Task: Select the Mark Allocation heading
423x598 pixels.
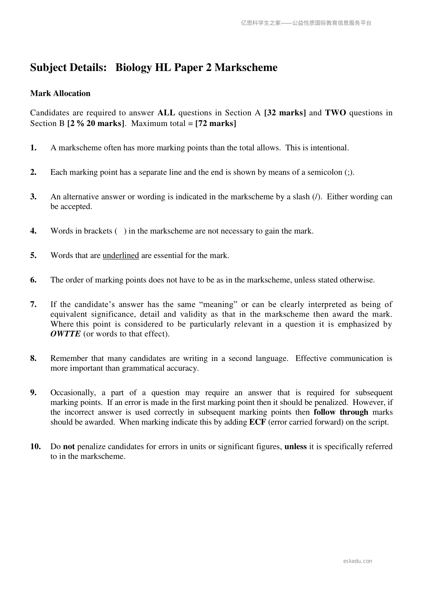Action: point(60,93)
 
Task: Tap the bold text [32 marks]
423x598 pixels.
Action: point(285,113)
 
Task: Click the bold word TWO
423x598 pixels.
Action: point(335,113)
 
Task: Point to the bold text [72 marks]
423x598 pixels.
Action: point(216,124)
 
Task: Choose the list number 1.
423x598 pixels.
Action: point(33,148)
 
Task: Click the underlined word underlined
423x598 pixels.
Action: point(121,256)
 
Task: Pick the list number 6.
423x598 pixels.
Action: point(33,280)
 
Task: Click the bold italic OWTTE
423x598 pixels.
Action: point(66,334)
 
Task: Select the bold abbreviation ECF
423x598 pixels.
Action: point(257,422)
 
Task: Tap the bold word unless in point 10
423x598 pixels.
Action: point(295,446)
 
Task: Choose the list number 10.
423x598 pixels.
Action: point(36,446)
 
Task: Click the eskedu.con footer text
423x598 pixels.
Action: point(358,561)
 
